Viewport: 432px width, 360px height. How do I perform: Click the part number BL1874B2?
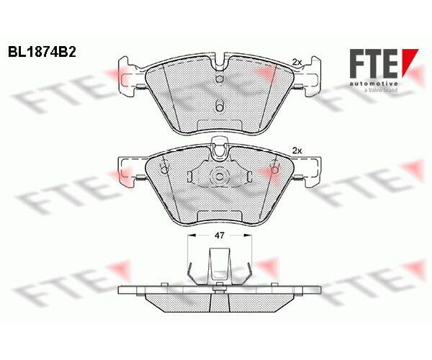point(42,53)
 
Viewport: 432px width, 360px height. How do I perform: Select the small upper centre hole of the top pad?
point(220,73)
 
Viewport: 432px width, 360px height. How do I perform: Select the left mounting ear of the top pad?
point(130,76)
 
